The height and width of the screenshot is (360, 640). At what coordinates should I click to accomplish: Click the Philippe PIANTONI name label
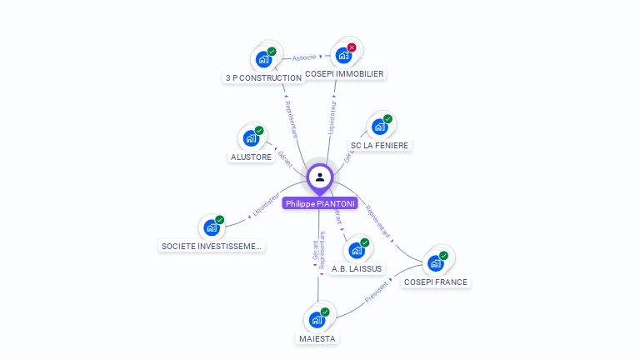(x=320, y=203)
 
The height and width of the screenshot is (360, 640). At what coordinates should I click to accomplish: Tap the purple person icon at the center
(x=320, y=177)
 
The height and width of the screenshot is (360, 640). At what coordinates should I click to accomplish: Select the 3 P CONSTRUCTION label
(x=263, y=77)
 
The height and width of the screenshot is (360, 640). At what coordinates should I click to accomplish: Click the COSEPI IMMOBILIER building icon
(x=343, y=56)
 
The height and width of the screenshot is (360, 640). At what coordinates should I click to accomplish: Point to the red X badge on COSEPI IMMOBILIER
(x=352, y=47)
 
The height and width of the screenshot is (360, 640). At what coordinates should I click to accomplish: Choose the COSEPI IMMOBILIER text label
(x=344, y=73)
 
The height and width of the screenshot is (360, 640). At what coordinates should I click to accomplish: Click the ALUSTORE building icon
(x=250, y=139)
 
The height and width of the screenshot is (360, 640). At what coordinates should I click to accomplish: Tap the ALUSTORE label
(x=251, y=157)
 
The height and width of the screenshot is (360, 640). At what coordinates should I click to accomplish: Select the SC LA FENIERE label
(x=380, y=145)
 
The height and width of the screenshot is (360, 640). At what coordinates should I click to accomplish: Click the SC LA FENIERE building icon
(x=379, y=127)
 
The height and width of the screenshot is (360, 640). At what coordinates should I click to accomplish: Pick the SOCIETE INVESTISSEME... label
(x=212, y=246)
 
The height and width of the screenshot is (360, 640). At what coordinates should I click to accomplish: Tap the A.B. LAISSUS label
(x=357, y=268)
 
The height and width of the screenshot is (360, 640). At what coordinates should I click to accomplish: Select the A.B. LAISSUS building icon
(x=356, y=250)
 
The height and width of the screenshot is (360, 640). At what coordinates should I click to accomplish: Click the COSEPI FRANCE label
(x=436, y=282)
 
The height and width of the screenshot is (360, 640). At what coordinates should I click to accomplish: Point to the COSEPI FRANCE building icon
(x=435, y=263)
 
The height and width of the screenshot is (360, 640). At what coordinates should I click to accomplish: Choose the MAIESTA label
(x=317, y=338)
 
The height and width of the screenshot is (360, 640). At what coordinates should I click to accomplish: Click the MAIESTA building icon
(x=317, y=320)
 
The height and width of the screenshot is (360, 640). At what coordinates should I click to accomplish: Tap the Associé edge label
(x=304, y=57)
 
